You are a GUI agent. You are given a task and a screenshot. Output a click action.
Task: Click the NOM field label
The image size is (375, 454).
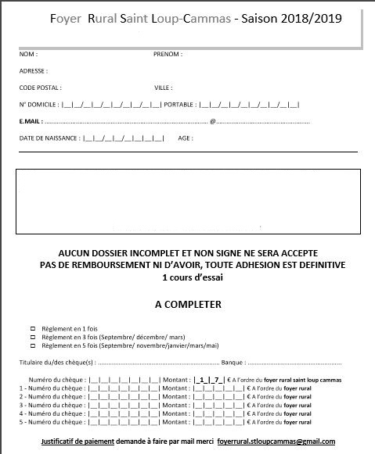[27, 55]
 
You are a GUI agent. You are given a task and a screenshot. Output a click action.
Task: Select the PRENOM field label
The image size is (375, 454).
[168, 55]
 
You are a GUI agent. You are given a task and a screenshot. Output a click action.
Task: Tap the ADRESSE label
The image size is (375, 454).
[34, 71]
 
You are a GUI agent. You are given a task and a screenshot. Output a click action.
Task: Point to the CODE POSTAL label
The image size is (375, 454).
[40, 88]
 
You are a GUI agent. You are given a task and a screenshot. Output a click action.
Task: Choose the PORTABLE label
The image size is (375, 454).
[181, 105]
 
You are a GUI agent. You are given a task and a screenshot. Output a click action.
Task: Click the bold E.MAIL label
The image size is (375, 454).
[31, 121]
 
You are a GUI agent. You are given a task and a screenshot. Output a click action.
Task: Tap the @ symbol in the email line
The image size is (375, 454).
[213, 121]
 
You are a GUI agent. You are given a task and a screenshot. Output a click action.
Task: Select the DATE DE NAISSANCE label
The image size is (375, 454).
[49, 138]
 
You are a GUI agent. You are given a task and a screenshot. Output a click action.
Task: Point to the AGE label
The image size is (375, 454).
[186, 138]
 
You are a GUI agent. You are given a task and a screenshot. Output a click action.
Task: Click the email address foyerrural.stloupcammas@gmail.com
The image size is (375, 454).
[276, 441]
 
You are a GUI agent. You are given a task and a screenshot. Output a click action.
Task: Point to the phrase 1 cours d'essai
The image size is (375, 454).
[187, 277]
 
